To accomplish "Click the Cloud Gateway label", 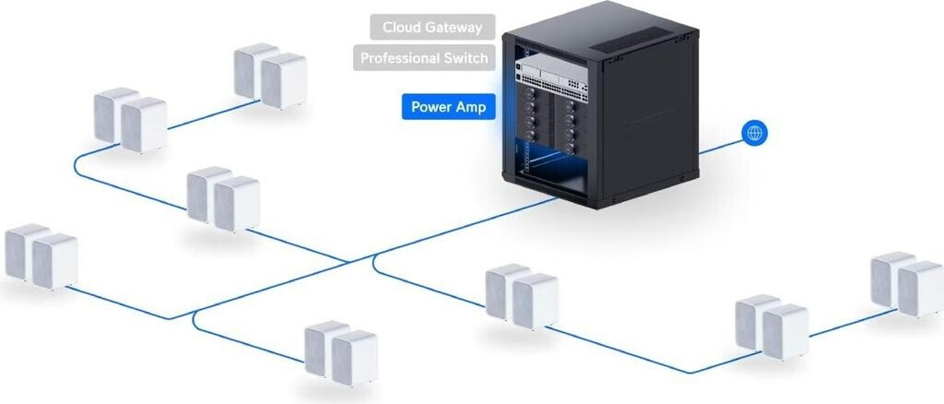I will (x=432, y=27).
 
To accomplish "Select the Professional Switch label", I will (x=424, y=58).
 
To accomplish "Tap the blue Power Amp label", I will (x=448, y=107).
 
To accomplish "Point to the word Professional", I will (x=398, y=58).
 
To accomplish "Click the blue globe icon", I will (x=754, y=134).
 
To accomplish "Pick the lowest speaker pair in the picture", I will (x=340, y=352).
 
